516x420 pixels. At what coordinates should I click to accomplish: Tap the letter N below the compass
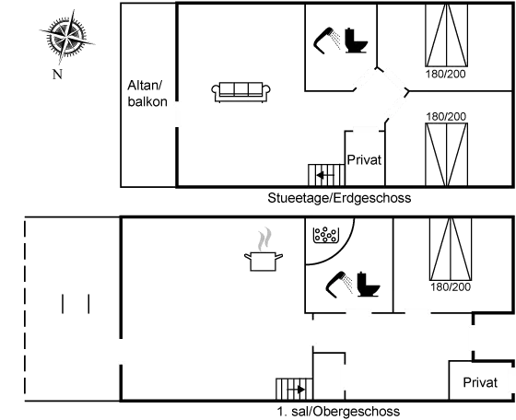click(56, 73)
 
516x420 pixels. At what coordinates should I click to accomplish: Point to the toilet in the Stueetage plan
click(357, 41)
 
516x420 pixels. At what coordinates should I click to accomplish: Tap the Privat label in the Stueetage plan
click(364, 159)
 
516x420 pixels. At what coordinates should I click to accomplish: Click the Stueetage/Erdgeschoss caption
click(338, 197)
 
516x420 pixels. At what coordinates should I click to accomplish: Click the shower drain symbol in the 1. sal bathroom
click(322, 234)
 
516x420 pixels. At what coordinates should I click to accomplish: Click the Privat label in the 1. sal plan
click(479, 381)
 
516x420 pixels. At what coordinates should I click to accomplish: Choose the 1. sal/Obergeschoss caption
click(338, 411)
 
